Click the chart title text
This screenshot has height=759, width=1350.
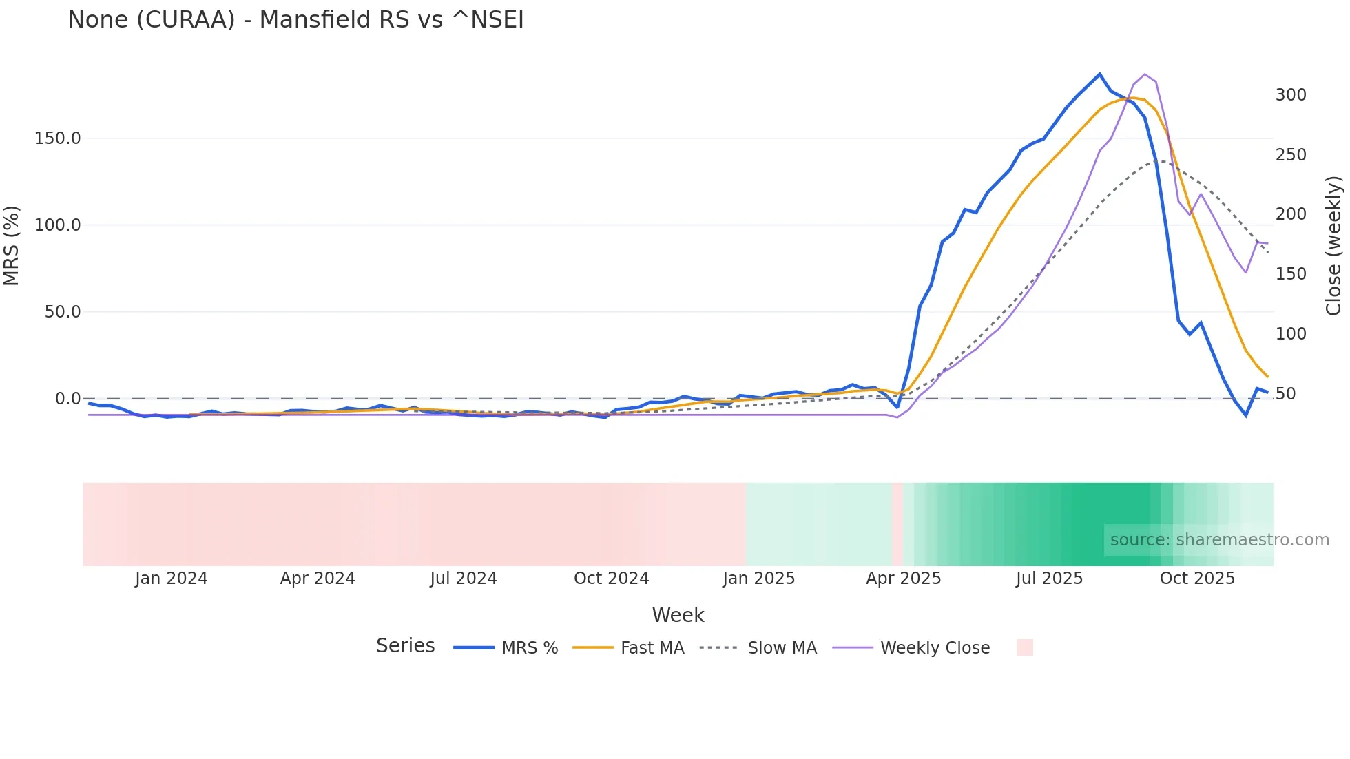[295, 20]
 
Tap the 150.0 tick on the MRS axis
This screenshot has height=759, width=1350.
[57, 138]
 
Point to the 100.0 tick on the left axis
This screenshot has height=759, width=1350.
[57, 225]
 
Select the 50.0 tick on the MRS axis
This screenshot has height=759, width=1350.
[63, 312]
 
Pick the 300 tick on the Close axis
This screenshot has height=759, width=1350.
[1290, 95]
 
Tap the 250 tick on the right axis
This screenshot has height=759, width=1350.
[1290, 155]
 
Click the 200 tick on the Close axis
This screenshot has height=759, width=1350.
[1290, 214]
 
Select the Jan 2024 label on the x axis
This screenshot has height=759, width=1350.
[171, 579]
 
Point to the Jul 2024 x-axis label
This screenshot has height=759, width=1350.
[463, 579]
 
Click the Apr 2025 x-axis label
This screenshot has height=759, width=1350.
[903, 579]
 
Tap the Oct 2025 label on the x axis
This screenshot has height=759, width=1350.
[1197, 579]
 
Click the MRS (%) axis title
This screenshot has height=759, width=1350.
[12, 246]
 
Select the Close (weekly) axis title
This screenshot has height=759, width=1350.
[1333, 246]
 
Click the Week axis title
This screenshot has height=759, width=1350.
[678, 615]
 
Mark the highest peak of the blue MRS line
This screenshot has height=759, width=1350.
[1099, 74]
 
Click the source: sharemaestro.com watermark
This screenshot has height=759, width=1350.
[1219, 540]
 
